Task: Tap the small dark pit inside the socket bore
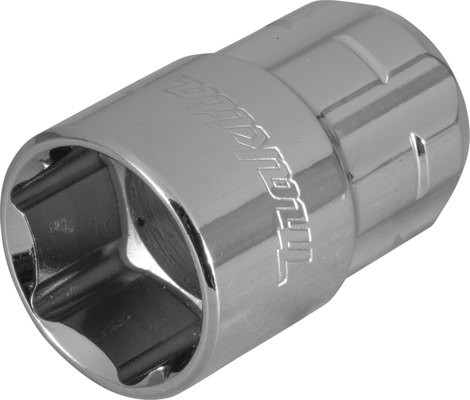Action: (140, 222)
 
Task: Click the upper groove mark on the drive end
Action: (363, 57)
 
